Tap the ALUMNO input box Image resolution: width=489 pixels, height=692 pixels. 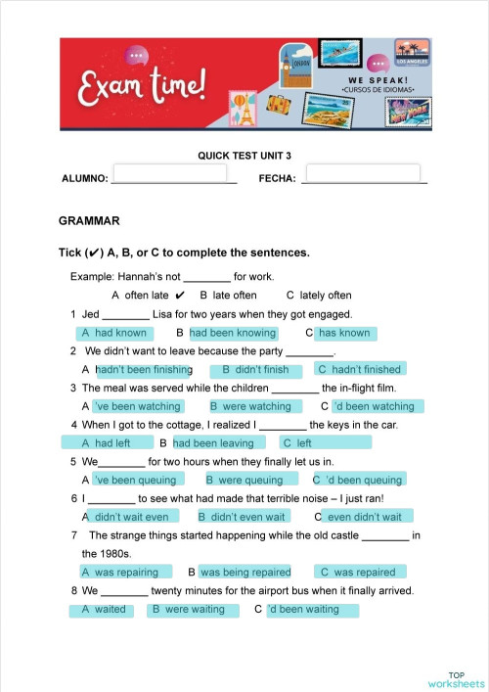170,174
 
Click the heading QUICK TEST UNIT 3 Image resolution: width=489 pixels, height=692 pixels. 244,155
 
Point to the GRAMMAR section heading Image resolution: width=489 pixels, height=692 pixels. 89,221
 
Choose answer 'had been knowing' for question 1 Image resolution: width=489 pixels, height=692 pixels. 233,333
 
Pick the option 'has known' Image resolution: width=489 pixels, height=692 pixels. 344,333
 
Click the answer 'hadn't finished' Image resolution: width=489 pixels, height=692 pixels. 359,370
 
